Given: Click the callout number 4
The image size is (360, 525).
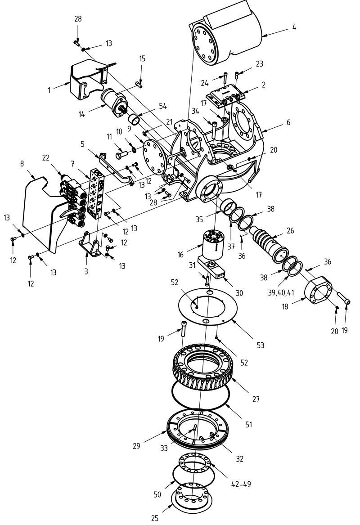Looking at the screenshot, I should tap(294, 27).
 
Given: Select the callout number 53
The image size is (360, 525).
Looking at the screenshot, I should tap(260, 345).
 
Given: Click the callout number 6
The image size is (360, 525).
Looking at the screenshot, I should tap(288, 122).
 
